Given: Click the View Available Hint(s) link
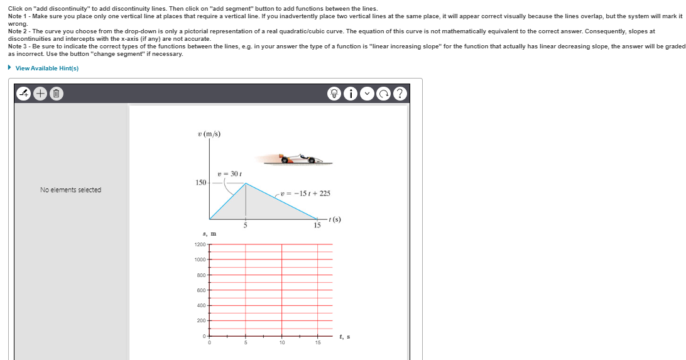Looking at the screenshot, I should [x=46, y=68].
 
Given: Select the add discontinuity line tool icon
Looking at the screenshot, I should [x=24, y=94].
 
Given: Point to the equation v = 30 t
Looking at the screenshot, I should [x=226, y=173].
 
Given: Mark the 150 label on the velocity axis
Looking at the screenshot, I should [x=200, y=183].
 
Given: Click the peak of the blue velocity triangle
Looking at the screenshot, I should [x=246, y=183].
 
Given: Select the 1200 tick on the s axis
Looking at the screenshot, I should [x=200, y=244].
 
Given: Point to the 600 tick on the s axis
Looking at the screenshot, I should [x=201, y=290].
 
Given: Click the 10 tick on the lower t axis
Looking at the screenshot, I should [x=282, y=342].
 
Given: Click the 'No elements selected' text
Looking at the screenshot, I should [x=70, y=190].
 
